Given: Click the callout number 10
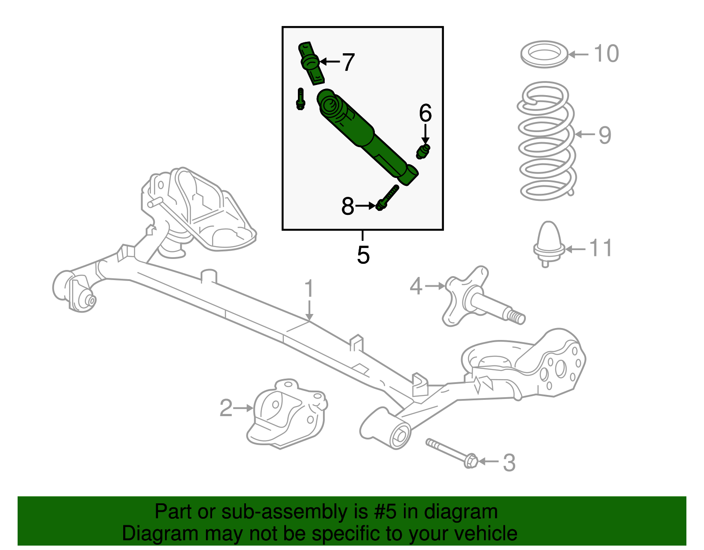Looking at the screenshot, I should tap(606, 54).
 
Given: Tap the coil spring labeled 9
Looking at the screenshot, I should tap(546, 141).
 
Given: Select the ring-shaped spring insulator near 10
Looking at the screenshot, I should tap(544, 55).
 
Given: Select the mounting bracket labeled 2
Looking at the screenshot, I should tap(286, 414).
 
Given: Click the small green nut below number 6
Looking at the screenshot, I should tap(423, 151).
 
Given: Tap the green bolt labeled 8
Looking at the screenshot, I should tap(387, 198).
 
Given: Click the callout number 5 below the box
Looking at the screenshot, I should tap(363, 255).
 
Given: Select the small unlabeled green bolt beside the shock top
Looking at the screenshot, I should tap(301, 99).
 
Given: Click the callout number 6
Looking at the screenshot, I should tap(425, 113).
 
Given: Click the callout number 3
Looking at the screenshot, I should tap(509, 462).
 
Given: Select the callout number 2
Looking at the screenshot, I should tap(226, 408).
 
